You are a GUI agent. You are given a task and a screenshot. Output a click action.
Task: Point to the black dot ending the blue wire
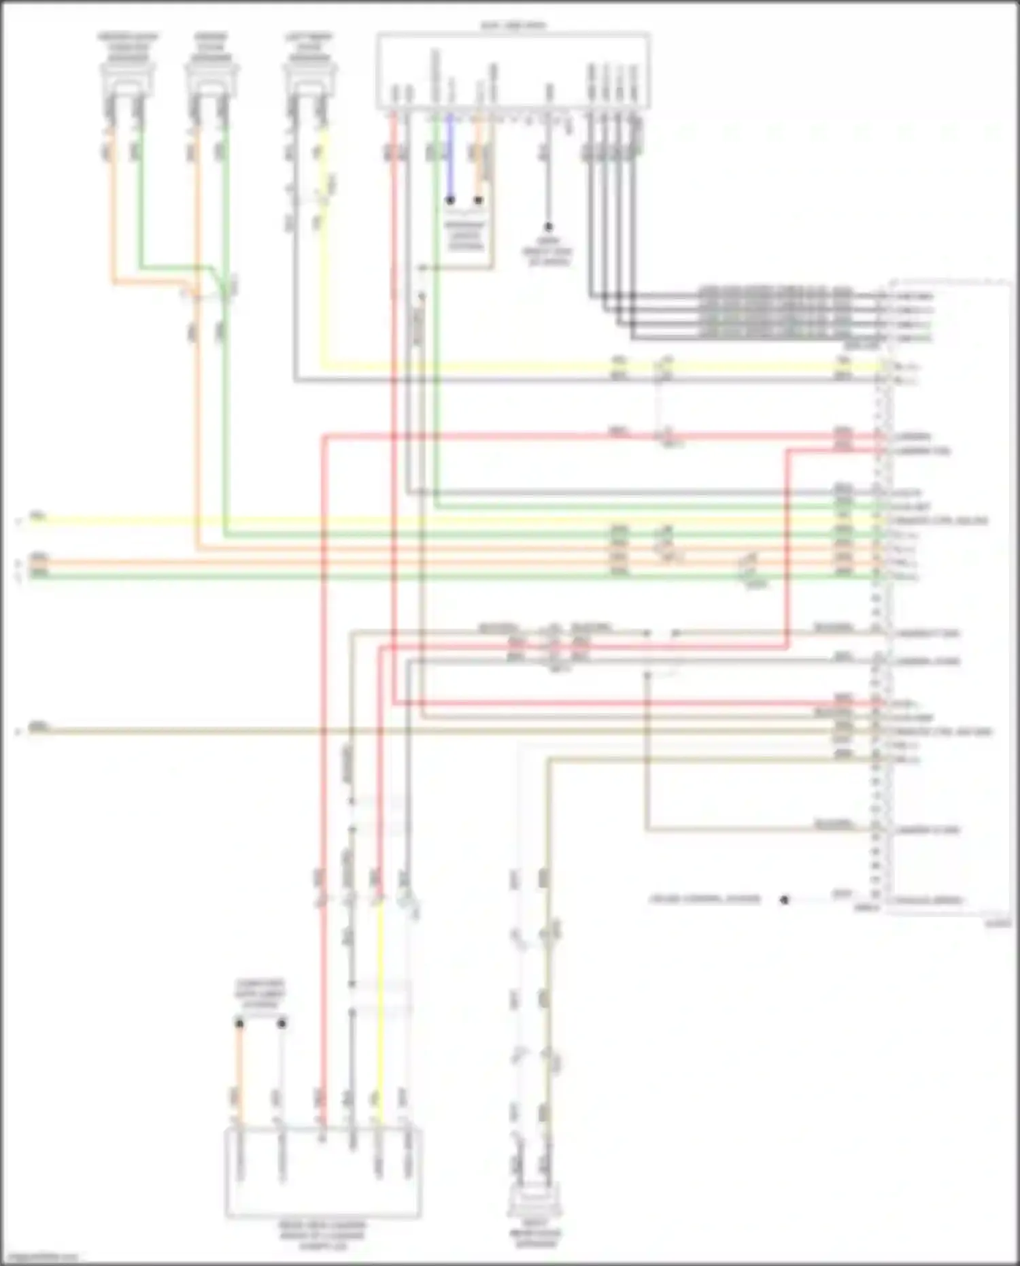tap(450, 201)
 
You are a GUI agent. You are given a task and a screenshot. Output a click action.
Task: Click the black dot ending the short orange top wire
tap(479, 201)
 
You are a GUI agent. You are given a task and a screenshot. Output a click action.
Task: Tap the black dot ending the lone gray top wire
tap(548, 227)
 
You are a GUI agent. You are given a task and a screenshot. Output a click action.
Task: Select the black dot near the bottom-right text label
tap(784, 899)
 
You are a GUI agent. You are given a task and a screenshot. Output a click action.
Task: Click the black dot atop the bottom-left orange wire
tap(239, 1023)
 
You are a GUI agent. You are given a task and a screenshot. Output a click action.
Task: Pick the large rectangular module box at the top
tap(513, 70)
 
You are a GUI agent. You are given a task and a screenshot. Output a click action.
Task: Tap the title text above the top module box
tap(513, 26)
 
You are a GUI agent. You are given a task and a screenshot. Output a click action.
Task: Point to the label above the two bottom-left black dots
tap(260, 994)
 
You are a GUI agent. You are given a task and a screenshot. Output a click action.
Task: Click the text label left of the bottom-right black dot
tap(704, 899)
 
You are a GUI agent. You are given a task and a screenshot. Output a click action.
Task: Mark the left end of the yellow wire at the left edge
tap(31, 520)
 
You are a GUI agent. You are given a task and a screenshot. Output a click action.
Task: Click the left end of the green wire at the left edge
tap(31, 576)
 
